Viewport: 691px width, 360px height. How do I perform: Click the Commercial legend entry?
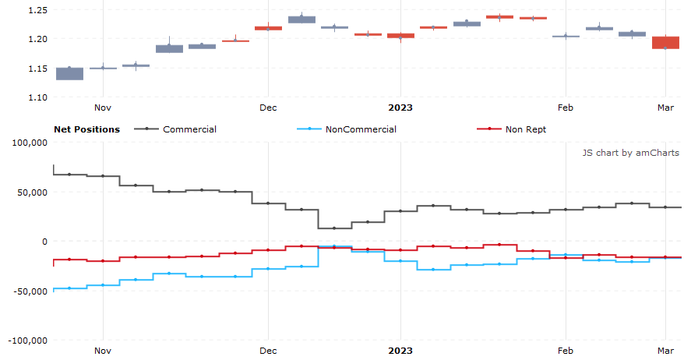tap(189, 129)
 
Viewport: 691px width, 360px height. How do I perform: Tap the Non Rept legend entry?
tap(525, 129)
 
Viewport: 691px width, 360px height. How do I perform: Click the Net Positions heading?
tap(86, 129)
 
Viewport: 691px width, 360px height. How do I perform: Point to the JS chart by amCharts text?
tap(630, 153)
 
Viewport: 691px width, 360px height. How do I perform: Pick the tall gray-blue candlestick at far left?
tap(69, 73)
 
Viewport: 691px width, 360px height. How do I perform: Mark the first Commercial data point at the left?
tap(69, 175)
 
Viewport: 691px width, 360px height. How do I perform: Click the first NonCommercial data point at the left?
tap(69, 288)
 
